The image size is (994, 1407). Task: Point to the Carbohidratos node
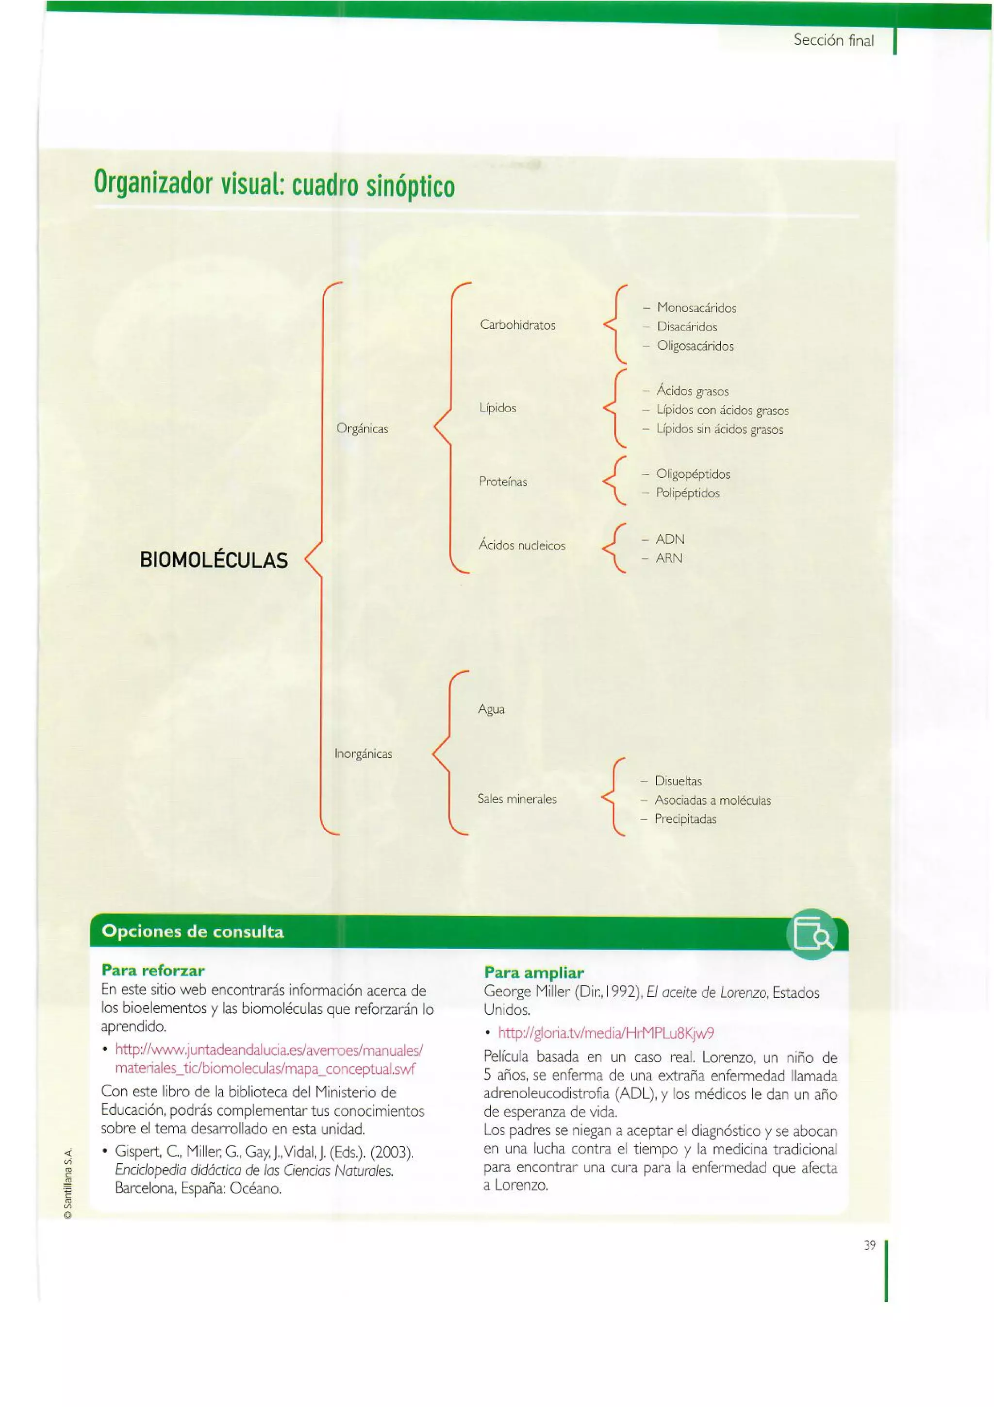[x=517, y=325]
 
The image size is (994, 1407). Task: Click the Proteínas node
[x=503, y=482]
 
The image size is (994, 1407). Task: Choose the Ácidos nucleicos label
[x=522, y=545]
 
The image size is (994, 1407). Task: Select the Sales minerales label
[x=517, y=799]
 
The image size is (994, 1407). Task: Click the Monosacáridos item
[x=696, y=308]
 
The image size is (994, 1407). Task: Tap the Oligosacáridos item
[x=695, y=346]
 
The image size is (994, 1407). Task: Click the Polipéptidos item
[x=687, y=493]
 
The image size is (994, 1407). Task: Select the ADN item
[x=669, y=539]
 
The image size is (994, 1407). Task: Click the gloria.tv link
[x=606, y=1033]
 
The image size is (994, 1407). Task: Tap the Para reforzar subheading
[x=153, y=970]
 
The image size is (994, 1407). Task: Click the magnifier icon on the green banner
[x=812, y=934]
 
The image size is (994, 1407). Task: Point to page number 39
[x=870, y=1245]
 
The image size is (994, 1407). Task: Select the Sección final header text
[x=833, y=40]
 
